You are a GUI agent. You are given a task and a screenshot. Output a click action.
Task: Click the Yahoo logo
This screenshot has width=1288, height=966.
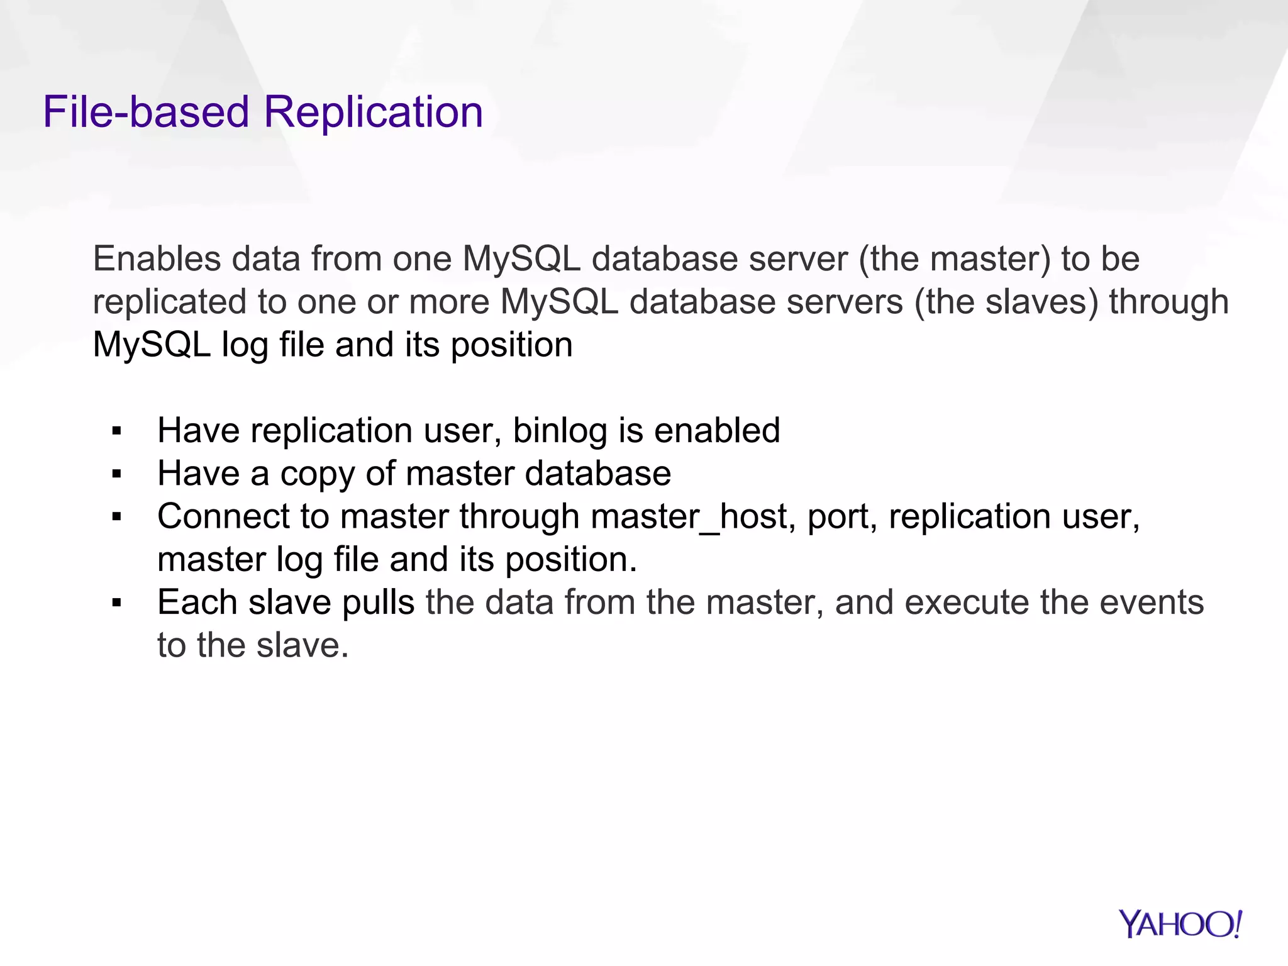pos(1180,924)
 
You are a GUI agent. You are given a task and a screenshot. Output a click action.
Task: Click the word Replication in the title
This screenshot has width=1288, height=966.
pos(373,113)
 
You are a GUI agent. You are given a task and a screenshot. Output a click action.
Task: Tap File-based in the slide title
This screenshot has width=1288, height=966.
pos(146,113)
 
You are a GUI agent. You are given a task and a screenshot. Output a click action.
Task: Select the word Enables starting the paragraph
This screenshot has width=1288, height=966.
pos(157,259)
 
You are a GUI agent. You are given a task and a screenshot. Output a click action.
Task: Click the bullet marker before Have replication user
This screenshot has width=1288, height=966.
pos(116,431)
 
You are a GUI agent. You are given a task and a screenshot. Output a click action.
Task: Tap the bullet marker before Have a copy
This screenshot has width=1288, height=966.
pos(116,474)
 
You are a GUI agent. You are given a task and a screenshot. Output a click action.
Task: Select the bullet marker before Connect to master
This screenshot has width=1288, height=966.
pos(116,517)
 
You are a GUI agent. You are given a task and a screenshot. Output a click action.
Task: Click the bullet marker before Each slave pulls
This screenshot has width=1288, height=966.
pos(116,603)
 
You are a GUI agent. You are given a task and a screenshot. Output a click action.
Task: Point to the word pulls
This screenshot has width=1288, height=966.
pos(378,603)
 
